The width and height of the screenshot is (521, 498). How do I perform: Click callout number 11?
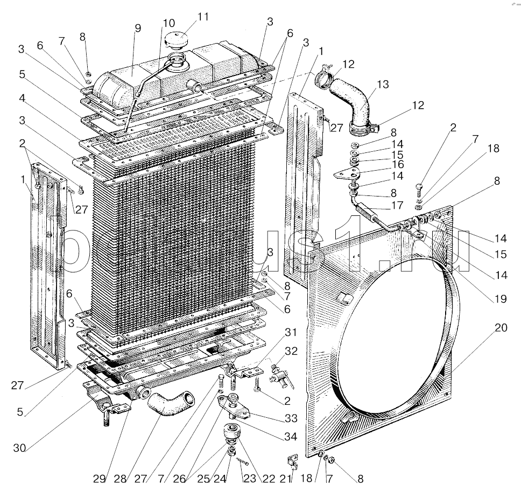[x=202, y=17]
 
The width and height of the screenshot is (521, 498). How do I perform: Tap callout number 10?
[x=168, y=23]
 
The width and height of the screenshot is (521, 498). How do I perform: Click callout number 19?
[x=501, y=298]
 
